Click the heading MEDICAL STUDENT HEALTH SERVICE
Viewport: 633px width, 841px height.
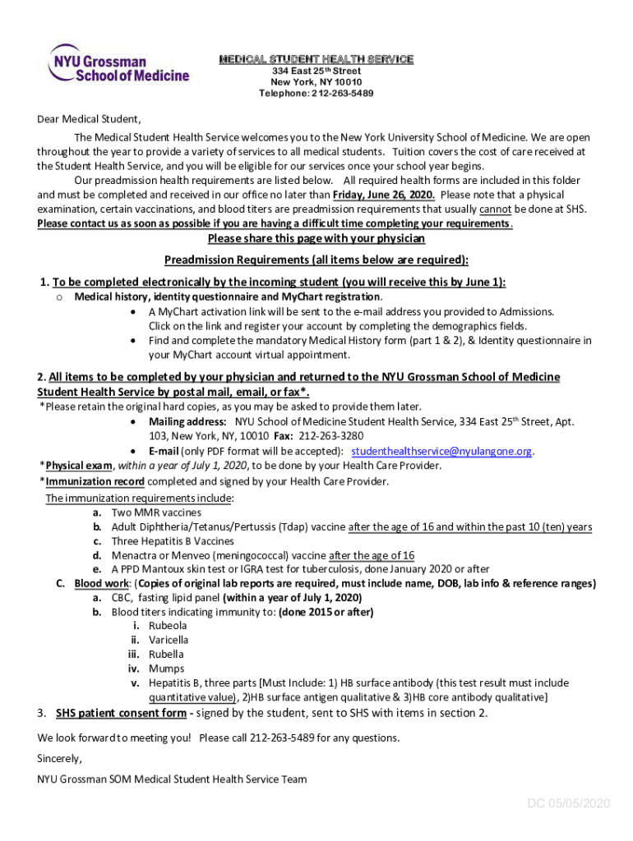[x=316, y=59]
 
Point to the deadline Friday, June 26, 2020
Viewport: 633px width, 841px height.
[x=384, y=195]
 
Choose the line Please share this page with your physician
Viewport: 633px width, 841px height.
[x=316, y=238]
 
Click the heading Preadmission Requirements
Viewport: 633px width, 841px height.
[x=316, y=260]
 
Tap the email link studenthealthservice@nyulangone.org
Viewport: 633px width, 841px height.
[x=442, y=451]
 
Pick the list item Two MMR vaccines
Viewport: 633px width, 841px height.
[x=156, y=512]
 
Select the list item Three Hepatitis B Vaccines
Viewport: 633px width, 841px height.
[x=173, y=541]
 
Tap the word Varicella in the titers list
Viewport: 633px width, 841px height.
[x=169, y=640]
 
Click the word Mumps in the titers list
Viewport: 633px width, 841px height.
[x=166, y=669]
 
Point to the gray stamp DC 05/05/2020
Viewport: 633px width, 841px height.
[x=569, y=803]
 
